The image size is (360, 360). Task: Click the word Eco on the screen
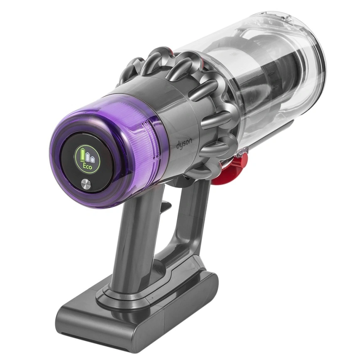click(x=87, y=166)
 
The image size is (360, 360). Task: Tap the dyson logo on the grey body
click(x=184, y=143)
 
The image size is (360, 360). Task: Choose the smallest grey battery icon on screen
click(x=93, y=158)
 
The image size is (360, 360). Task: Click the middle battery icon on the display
click(x=88, y=157)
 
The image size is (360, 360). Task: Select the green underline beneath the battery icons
click(x=87, y=162)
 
